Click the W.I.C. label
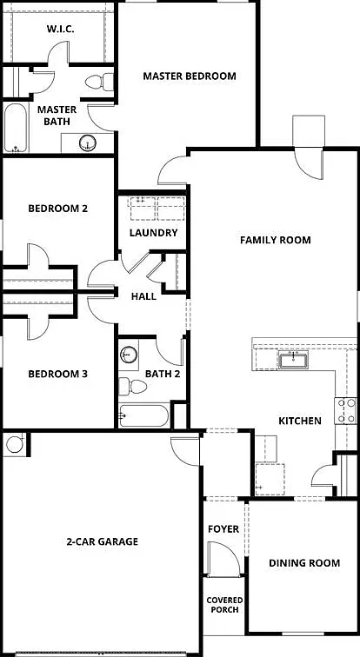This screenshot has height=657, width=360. [58, 30]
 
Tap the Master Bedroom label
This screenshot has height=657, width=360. [190, 76]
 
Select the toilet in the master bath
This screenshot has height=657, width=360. [99, 82]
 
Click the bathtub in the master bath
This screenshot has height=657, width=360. [16, 128]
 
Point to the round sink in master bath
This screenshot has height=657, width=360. [88, 143]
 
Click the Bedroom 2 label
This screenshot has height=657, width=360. [58, 209]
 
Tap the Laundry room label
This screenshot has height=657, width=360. [153, 233]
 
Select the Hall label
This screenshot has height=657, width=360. [143, 296]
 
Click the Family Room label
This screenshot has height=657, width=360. [276, 240]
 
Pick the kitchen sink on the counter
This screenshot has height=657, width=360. [293, 360]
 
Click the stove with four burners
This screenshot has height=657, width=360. [345, 410]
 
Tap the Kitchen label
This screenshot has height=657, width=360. [300, 421]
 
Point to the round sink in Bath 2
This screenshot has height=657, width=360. [129, 355]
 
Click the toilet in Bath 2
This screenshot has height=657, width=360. [132, 387]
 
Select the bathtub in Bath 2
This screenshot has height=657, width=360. [143, 415]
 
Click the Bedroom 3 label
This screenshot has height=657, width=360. [58, 374]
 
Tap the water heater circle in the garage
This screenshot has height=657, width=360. [15, 444]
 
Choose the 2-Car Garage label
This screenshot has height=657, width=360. [103, 541]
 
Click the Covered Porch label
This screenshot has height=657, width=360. [224, 605]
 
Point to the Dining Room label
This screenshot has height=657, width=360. [304, 563]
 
